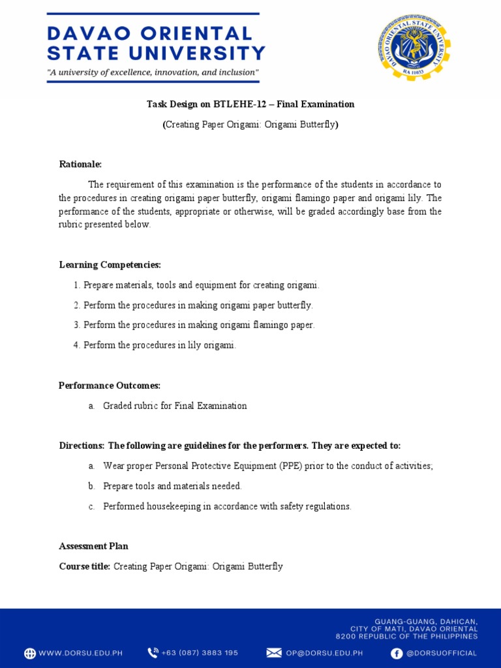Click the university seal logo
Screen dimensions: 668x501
(x=414, y=47)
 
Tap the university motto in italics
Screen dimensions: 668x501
(x=153, y=72)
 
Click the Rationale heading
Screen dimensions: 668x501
(x=80, y=164)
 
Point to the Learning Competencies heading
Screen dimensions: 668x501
(x=110, y=265)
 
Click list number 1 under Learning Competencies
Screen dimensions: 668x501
(x=76, y=285)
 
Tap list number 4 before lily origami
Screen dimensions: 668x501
(x=76, y=345)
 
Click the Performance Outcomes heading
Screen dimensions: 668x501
(x=110, y=386)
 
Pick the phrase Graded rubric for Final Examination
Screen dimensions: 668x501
(x=175, y=406)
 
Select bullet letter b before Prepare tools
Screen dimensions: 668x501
(x=91, y=486)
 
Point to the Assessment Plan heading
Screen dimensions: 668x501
(x=93, y=546)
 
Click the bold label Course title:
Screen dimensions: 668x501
(x=85, y=566)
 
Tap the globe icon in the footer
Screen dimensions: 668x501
(x=30, y=653)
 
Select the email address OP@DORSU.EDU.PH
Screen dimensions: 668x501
(x=324, y=653)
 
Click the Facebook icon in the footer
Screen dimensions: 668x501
(x=396, y=653)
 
